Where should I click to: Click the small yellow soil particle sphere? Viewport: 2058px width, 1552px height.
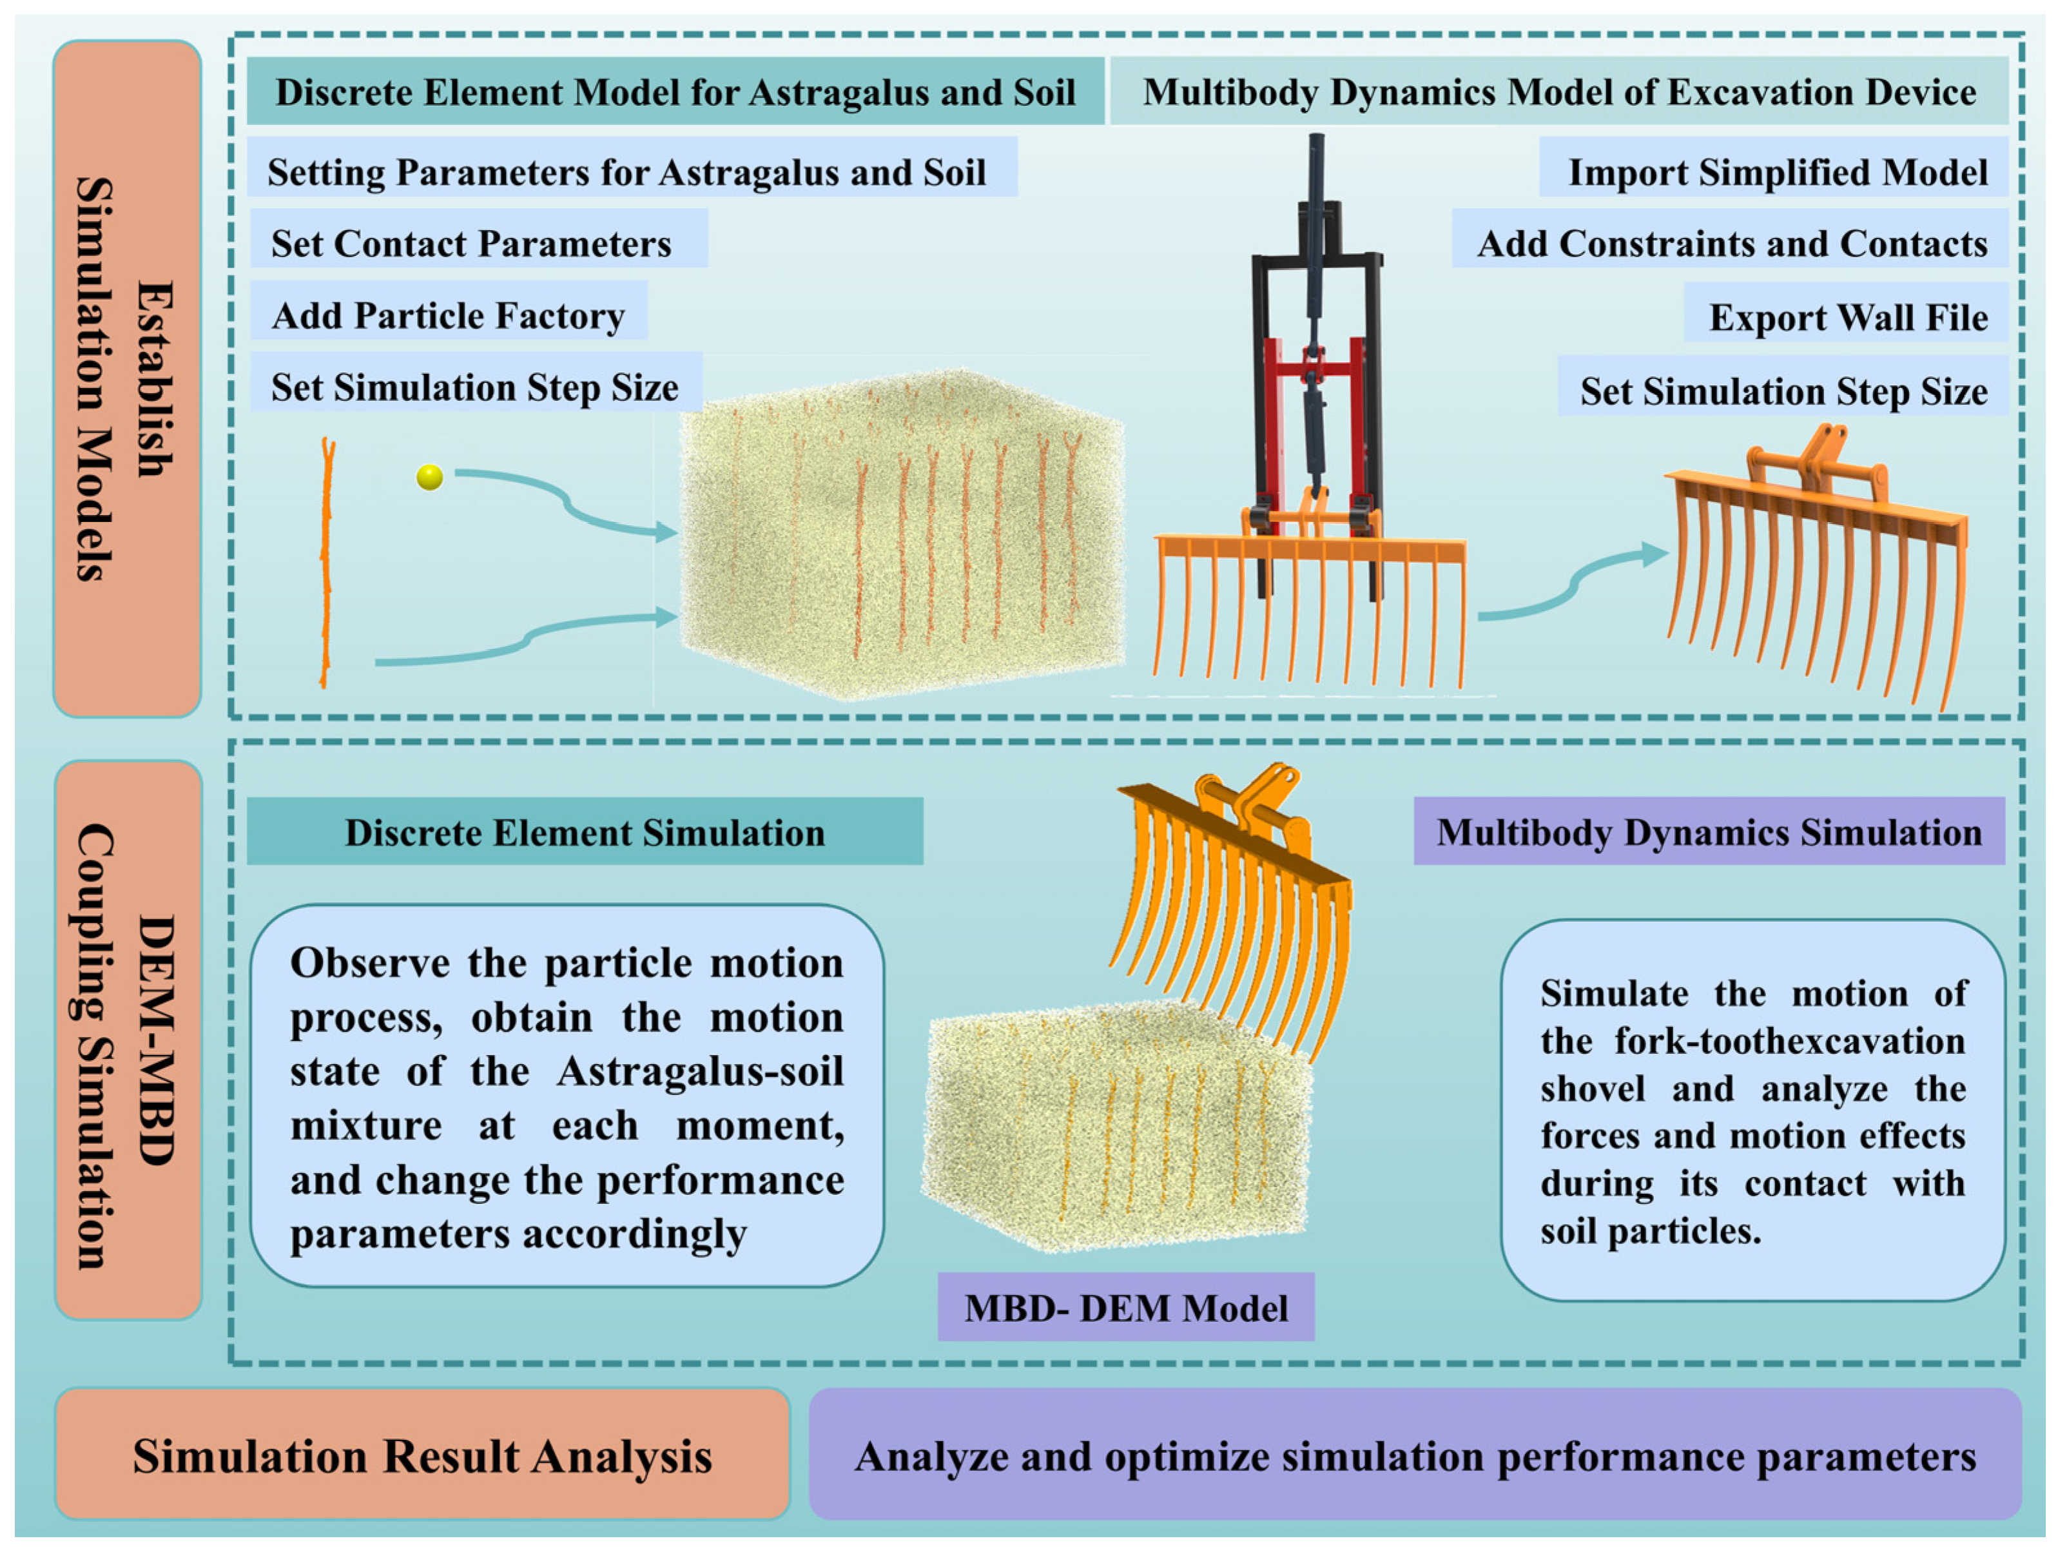[429, 478]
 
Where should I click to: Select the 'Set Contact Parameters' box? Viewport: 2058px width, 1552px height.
[479, 238]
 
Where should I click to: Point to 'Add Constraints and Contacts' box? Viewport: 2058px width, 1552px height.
[1731, 238]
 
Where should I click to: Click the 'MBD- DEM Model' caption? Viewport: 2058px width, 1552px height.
[1126, 1307]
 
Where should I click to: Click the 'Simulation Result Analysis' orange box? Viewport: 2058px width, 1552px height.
[422, 1454]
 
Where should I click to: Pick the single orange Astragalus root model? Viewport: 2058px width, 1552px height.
[325, 563]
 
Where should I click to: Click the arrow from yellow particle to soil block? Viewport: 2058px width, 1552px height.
[566, 503]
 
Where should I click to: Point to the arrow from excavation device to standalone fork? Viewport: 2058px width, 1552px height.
[1572, 583]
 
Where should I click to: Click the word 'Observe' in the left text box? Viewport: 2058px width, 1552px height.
[371, 962]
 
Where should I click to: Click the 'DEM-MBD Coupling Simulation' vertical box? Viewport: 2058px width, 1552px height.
[128, 1040]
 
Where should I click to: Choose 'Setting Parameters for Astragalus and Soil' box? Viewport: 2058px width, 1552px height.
[633, 168]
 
